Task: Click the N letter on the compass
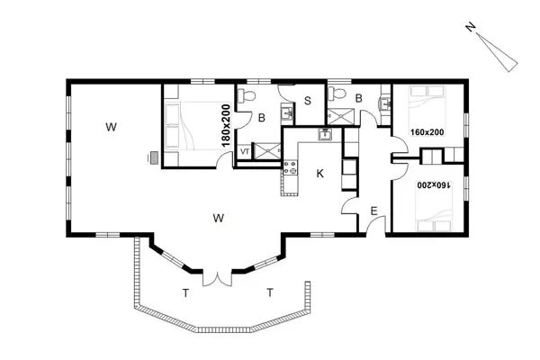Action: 471,27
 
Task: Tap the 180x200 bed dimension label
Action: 226,126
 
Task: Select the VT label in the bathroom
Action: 245,151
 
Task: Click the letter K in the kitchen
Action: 319,174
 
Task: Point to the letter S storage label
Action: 308,101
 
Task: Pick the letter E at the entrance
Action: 374,211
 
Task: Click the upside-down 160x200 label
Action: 434,185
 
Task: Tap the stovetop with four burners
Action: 290,167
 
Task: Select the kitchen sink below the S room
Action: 324,134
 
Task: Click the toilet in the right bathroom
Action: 337,93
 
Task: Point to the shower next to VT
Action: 267,151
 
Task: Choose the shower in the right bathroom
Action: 340,116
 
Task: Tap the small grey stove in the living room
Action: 154,158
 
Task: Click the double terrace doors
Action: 217,278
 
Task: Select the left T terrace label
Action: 185,293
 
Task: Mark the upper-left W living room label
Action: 111,127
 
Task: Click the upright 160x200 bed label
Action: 427,132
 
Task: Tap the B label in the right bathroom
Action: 358,98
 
